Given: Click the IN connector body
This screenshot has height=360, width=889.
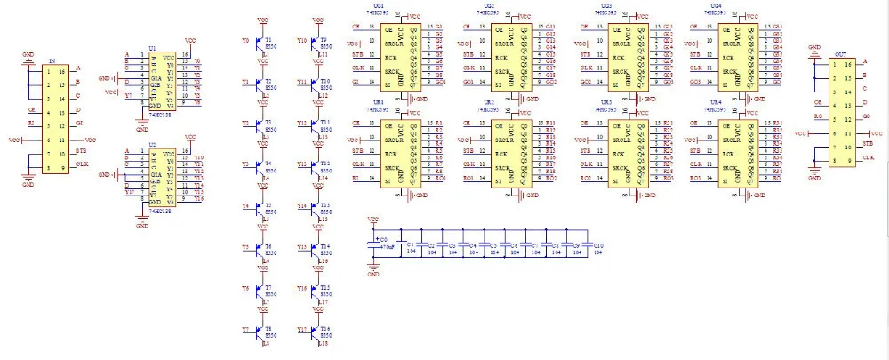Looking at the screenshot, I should click(x=51, y=116).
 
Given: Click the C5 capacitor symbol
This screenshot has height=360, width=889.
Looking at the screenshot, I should click(x=490, y=248).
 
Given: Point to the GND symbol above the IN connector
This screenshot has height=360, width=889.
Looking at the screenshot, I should click(x=28, y=54).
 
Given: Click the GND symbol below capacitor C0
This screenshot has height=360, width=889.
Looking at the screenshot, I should click(x=374, y=273).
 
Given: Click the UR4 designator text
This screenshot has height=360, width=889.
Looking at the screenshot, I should click(x=717, y=103).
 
